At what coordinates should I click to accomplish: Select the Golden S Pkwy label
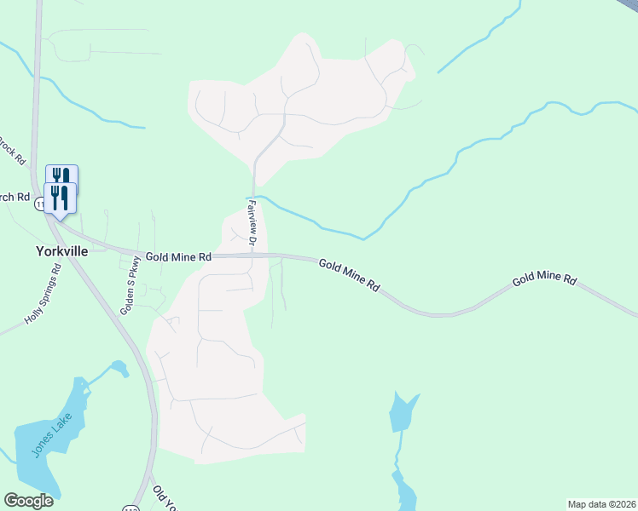click(x=129, y=290)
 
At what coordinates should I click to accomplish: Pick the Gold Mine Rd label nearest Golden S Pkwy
click(x=177, y=255)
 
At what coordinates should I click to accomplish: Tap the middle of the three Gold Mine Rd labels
click(x=350, y=276)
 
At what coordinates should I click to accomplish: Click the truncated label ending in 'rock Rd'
click(x=10, y=150)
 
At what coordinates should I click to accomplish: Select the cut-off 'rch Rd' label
click(x=13, y=197)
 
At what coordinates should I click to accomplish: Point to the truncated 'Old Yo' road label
click(x=164, y=499)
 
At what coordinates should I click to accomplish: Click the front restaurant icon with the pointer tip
click(x=60, y=199)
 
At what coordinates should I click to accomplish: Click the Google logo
click(x=28, y=500)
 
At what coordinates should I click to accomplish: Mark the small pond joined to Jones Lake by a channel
click(x=118, y=368)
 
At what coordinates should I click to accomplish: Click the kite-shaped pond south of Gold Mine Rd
click(x=403, y=412)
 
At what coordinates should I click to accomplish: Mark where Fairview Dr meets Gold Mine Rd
click(x=254, y=255)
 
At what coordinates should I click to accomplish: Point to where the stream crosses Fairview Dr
click(x=253, y=198)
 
